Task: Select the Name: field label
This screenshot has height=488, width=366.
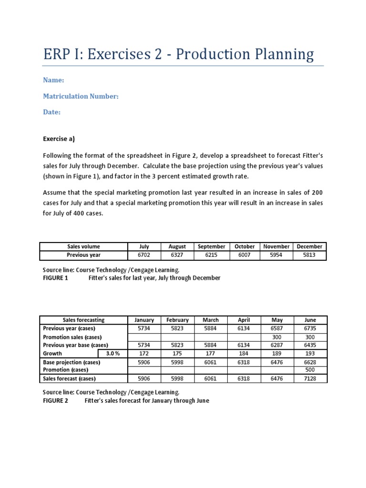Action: [53, 81]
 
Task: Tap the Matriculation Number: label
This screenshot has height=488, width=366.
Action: [81, 96]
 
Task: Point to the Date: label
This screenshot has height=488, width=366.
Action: [52, 112]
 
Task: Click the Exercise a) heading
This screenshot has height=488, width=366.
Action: [59, 139]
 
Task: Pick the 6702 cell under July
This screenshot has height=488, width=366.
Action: [144, 255]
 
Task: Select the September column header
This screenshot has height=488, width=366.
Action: [211, 246]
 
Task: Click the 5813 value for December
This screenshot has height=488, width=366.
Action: [309, 255]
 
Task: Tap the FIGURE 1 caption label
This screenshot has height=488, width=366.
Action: [56, 278]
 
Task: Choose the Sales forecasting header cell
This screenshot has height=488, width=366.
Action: [83, 320]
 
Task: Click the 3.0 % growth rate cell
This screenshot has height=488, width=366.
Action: [112, 354]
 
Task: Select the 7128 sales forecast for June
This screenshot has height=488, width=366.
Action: [309, 378]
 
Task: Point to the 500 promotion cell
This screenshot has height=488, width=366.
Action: [309, 370]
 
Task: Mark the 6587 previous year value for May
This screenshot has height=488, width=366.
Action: [276, 328]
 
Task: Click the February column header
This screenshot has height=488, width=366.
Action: [177, 320]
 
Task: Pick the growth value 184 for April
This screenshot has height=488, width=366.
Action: [244, 354]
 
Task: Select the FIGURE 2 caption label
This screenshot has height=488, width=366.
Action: [56, 401]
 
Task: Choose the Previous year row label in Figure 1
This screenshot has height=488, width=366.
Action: [83, 255]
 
